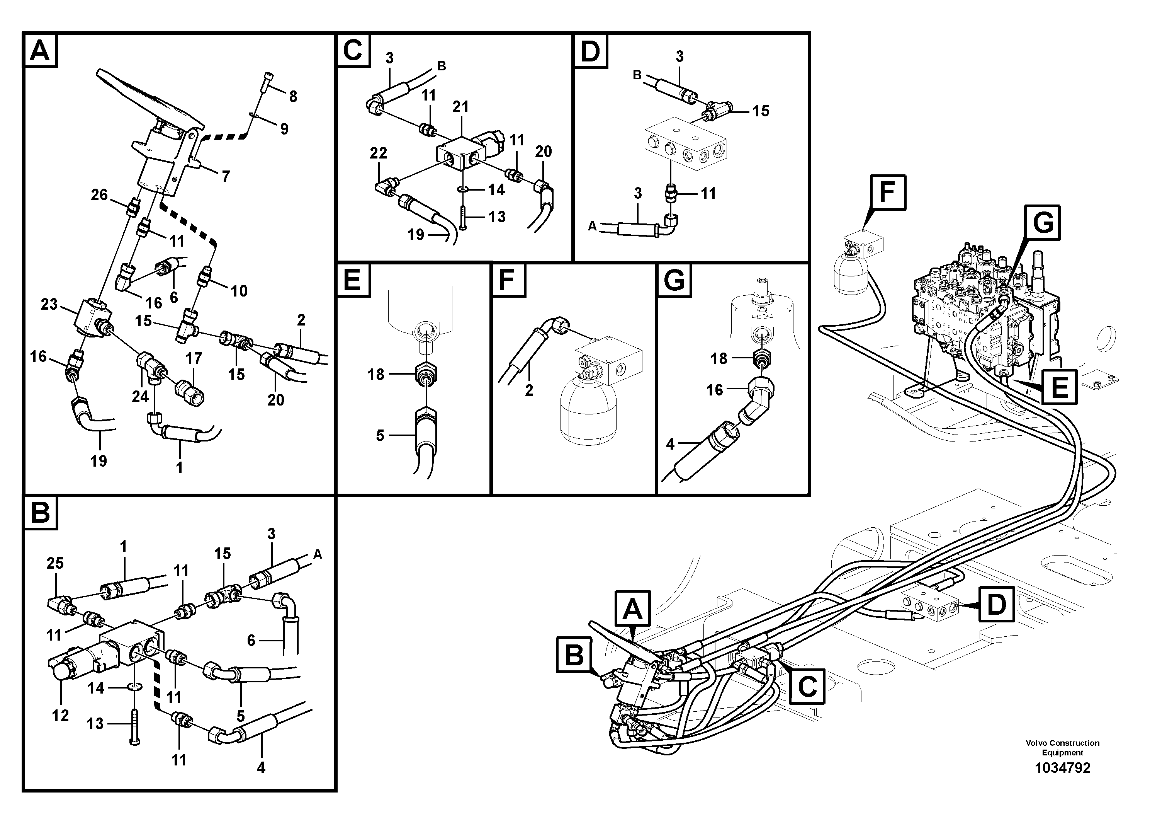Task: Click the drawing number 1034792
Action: pyautogui.click(x=1062, y=767)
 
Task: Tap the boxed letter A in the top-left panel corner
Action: pyautogui.click(x=40, y=51)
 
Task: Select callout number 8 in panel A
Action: pyautogui.click(x=293, y=96)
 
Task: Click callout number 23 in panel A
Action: pyautogui.click(x=49, y=304)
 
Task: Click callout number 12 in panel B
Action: pyautogui.click(x=60, y=715)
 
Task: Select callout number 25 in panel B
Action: pyautogui.click(x=55, y=563)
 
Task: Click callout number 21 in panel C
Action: pyautogui.click(x=460, y=106)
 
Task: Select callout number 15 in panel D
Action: pyautogui.click(x=761, y=111)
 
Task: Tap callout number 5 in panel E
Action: pyautogui.click(x=380, y=436)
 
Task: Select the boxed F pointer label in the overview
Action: pyautogui.click(x=888, y=193)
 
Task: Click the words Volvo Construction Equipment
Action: pyautogui.click(x=1062, y=747)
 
